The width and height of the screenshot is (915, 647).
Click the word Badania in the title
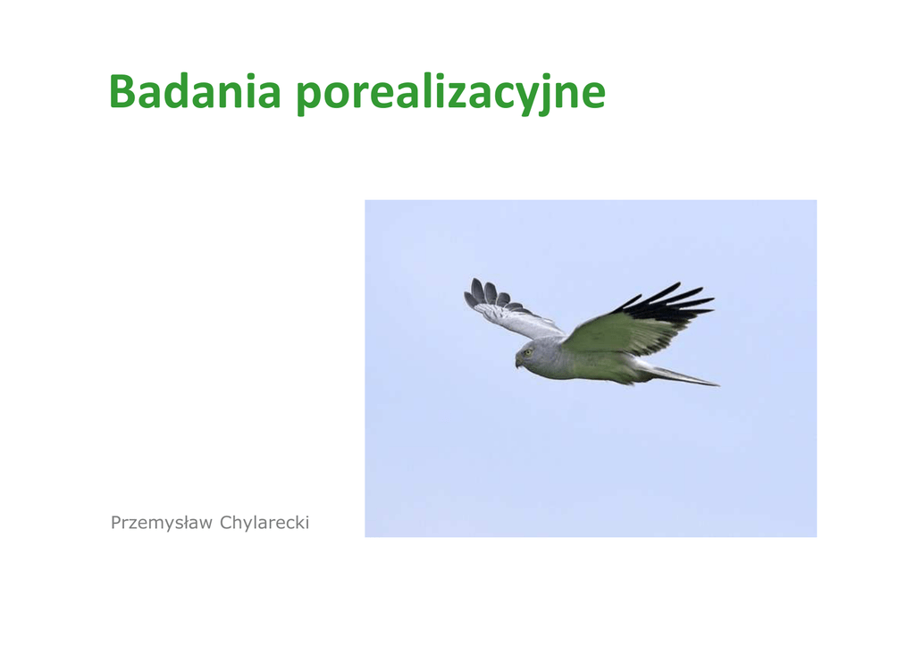coord(195,92)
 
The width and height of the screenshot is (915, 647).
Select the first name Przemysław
coord(162,523)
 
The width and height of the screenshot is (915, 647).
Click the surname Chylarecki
coord(264,523)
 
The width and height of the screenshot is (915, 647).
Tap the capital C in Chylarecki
coord(226,522)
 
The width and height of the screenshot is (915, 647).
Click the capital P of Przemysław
coord(116,522)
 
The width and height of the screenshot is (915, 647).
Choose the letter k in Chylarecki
coord(299,522)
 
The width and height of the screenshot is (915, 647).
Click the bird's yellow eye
coord(528,352)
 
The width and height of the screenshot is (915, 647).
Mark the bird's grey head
coord(534,355)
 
